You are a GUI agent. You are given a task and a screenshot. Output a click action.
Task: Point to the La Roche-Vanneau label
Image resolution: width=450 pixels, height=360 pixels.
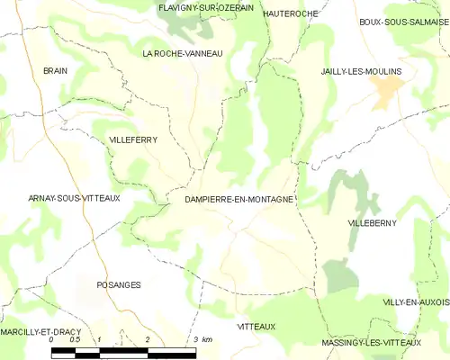(183, 54)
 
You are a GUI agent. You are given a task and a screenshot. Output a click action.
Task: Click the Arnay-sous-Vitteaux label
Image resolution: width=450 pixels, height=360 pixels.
(62, 197)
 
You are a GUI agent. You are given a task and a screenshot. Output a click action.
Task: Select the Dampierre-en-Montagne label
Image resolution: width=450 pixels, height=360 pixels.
(238, 199)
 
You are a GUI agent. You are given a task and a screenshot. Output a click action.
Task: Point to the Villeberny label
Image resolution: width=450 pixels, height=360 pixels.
(372, 221)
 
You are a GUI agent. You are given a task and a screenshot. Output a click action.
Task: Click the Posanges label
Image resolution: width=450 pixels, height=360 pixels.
(118, 284)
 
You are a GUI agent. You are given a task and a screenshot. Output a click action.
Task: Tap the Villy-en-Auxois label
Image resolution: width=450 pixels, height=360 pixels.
(415, 302)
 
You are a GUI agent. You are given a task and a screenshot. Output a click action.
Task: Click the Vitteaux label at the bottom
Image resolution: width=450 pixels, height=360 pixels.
(256, 326)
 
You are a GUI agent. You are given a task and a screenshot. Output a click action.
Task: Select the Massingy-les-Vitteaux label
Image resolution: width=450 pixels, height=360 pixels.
(371, 343)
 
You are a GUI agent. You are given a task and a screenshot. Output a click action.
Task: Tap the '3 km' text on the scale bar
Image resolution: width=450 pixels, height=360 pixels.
(202, 340)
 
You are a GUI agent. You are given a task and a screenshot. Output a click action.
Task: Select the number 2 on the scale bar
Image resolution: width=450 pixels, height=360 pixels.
(147, 340)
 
